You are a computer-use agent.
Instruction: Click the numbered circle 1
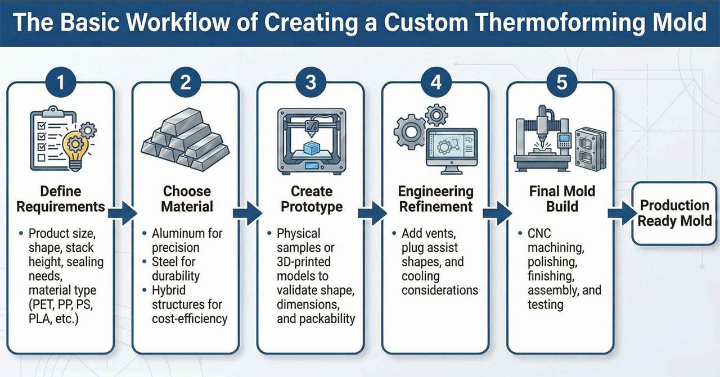[60, 83]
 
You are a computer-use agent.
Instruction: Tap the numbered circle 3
[310, 83]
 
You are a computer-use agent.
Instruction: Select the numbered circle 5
[561, 83]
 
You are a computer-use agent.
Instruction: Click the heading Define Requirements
[61, 199]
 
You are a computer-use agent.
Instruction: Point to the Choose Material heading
[187, 199]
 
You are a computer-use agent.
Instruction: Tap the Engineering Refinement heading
[436, 199]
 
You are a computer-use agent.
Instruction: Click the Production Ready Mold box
[674, 213]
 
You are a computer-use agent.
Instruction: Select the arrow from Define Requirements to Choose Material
[122, 214]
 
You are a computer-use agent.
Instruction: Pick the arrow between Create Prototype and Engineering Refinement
[372, 214]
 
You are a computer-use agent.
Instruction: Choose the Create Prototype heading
[311, 199]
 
